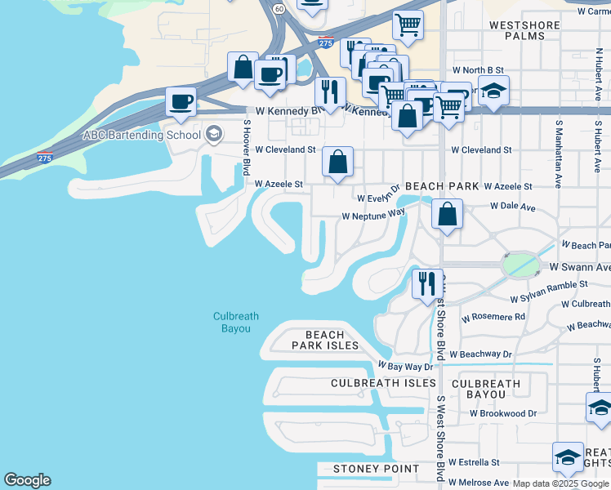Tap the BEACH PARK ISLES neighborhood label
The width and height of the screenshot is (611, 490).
point(325,341)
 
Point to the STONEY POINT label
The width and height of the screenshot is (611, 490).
point(376,469)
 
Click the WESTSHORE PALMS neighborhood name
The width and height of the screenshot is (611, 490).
point(524,31)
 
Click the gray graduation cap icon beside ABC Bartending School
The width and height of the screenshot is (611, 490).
point(214,135)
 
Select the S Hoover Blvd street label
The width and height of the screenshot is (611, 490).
point(246,148)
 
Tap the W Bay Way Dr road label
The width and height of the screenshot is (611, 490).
point(404,367)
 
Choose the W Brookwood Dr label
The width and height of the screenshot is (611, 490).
point(503,413)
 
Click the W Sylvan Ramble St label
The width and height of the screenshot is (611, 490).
point(549,284)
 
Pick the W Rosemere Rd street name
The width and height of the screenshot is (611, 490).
point(493,317)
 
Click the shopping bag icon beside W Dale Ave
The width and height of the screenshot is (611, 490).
point(447,215)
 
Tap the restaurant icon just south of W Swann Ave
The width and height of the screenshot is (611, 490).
point(427,284)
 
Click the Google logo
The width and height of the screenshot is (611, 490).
point(27,480)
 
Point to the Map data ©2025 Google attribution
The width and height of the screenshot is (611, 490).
point(560,483)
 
